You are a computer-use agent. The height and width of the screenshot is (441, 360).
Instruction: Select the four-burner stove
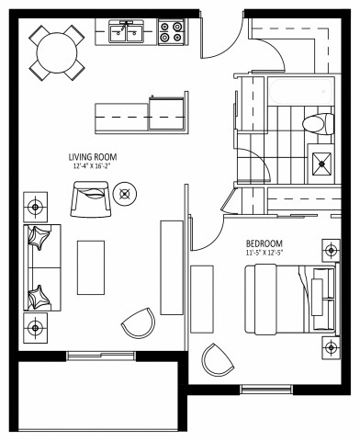pos(170,33)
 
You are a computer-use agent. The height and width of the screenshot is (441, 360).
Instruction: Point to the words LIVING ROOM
pos(92,157)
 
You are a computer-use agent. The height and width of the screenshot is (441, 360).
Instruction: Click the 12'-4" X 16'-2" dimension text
pos(92,167)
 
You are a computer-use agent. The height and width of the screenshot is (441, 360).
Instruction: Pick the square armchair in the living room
pos(91,198)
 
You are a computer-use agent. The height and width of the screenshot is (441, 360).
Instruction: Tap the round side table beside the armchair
pos(127,193)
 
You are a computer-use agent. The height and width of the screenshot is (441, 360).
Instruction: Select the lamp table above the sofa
pos(35,203)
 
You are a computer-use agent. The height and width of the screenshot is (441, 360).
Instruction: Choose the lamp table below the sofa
pos(35,325)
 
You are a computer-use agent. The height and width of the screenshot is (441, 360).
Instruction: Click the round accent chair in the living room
pos(139,323)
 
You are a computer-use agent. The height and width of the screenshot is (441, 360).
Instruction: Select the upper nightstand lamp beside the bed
pos(331,250)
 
